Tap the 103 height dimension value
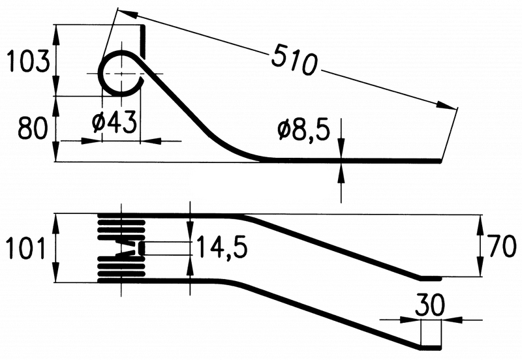tap(29, 61)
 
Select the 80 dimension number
tap(33, 128)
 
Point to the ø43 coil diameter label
tap(115, 122)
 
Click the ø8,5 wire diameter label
tap(304, 130)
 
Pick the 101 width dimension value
tap(26, 248)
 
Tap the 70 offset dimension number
tap(501, 246)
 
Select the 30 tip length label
tap(430, 305)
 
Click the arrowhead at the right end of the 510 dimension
tap(446, 106)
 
